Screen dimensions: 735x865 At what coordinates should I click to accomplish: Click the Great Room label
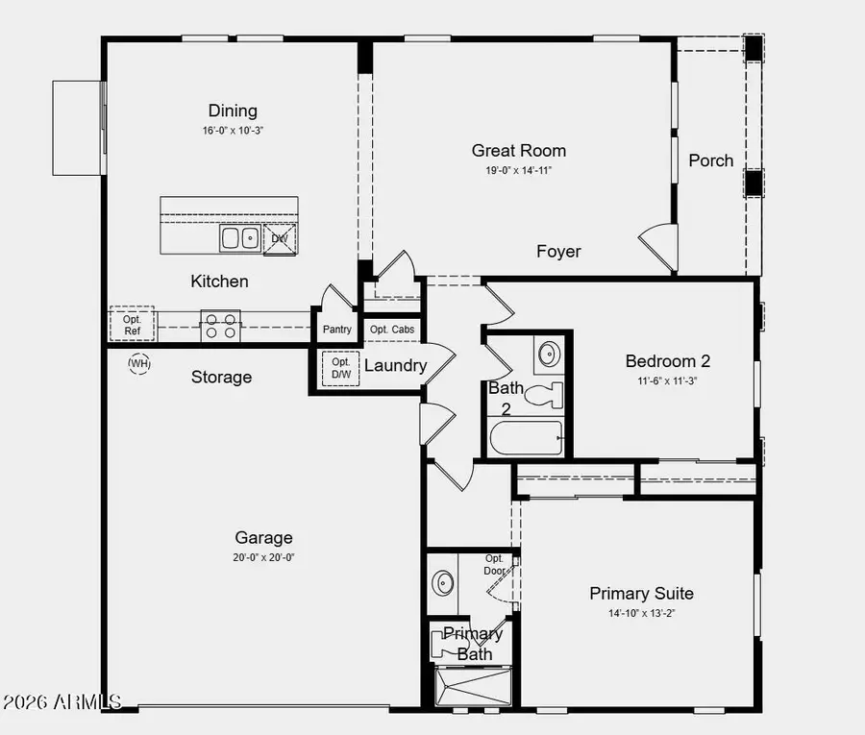point(518,150)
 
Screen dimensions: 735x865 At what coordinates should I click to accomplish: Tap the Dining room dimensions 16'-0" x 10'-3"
point(233,130)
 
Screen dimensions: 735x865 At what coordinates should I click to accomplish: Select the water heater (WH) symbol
point(139,363)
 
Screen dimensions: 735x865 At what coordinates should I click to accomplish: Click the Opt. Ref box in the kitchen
point(132,325)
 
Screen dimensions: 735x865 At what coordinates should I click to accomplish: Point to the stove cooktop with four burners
point(220,327)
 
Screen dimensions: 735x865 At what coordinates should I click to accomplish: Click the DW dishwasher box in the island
point(280,238)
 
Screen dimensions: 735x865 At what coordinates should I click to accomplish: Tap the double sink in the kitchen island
point(238,237)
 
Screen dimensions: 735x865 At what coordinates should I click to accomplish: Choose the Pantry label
point(337,330)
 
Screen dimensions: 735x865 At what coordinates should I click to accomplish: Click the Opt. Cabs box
point(392,330)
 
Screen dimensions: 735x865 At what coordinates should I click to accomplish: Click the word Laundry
point(395,365)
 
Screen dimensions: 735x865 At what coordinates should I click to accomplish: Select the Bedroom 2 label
point(667,361)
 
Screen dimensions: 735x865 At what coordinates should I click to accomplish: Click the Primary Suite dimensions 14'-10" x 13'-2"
point(641,613)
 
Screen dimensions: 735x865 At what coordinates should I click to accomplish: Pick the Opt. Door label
point(494,564)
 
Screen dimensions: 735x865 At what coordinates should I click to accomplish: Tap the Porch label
point(710,160)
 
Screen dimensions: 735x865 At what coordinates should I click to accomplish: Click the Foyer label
point(558,251)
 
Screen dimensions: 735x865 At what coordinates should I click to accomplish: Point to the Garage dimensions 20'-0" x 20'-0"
point(263,557)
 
